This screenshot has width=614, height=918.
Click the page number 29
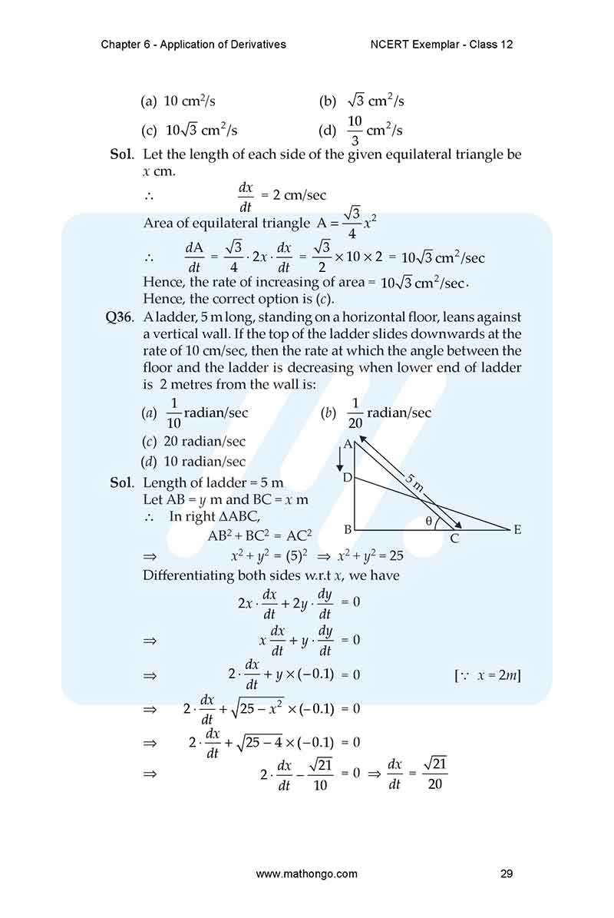point(506,873)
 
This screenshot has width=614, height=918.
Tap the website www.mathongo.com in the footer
point(306,873)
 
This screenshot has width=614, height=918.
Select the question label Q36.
point(121,316)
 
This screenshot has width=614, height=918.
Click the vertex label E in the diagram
point(517,529)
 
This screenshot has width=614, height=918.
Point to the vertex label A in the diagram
point(348,444)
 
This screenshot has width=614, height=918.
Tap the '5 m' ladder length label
point(414,482)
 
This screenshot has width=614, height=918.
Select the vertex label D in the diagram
point(347,479)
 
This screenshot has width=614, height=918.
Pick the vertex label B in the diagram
point(348,529)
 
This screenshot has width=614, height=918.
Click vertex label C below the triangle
point(454,539)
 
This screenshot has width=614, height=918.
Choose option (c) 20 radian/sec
point(194,442)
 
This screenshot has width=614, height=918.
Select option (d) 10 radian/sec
point(194,462)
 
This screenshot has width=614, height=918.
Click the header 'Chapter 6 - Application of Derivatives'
point(193,44)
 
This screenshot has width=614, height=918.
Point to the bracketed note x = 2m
point(487,675)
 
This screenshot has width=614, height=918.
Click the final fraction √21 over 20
point(434,772)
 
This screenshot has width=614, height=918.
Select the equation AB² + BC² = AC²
point(260,535)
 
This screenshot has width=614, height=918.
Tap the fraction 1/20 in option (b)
point(355,413)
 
